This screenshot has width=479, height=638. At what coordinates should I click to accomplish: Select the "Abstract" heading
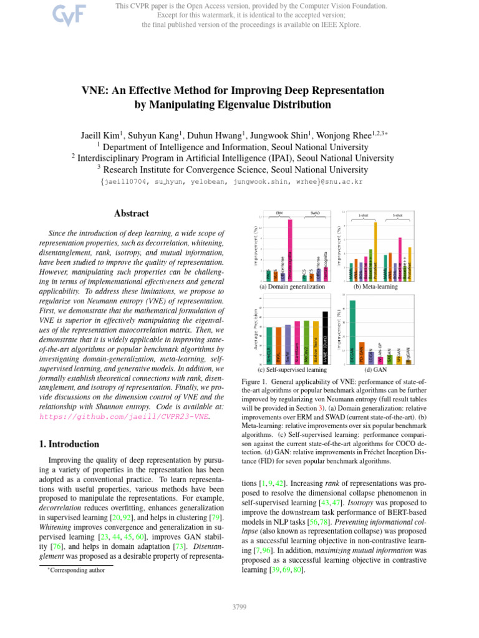(x=131, y=213)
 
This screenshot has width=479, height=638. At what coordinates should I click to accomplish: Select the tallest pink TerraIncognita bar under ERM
(x=289, y=249)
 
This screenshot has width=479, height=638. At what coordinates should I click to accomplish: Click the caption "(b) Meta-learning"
(x=376, y=287)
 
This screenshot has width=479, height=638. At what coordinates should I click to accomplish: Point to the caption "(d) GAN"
(x=377, y=369)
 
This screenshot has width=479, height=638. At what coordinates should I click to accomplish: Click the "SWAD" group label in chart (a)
(x=315, y=213)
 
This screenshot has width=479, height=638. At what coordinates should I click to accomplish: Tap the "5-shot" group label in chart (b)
(x=397, y=216)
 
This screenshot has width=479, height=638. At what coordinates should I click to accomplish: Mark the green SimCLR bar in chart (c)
(x=269, y=345)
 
